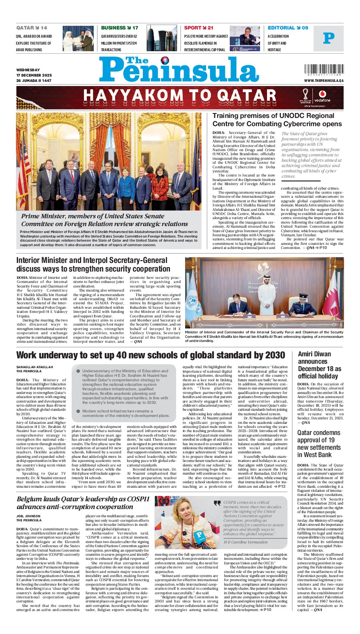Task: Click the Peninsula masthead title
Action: (179, 69)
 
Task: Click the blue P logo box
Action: (328, 38)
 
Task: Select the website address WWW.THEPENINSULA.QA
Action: (324, 81)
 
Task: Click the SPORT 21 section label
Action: (199, 28)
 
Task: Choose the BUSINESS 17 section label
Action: (120, 28)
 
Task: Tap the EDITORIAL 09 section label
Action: (288, 28)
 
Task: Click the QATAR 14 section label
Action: (32, 28)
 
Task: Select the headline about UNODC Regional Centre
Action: (277, 120)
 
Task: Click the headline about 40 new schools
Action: (150, 355)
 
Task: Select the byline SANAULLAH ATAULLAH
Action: (34, 367)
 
